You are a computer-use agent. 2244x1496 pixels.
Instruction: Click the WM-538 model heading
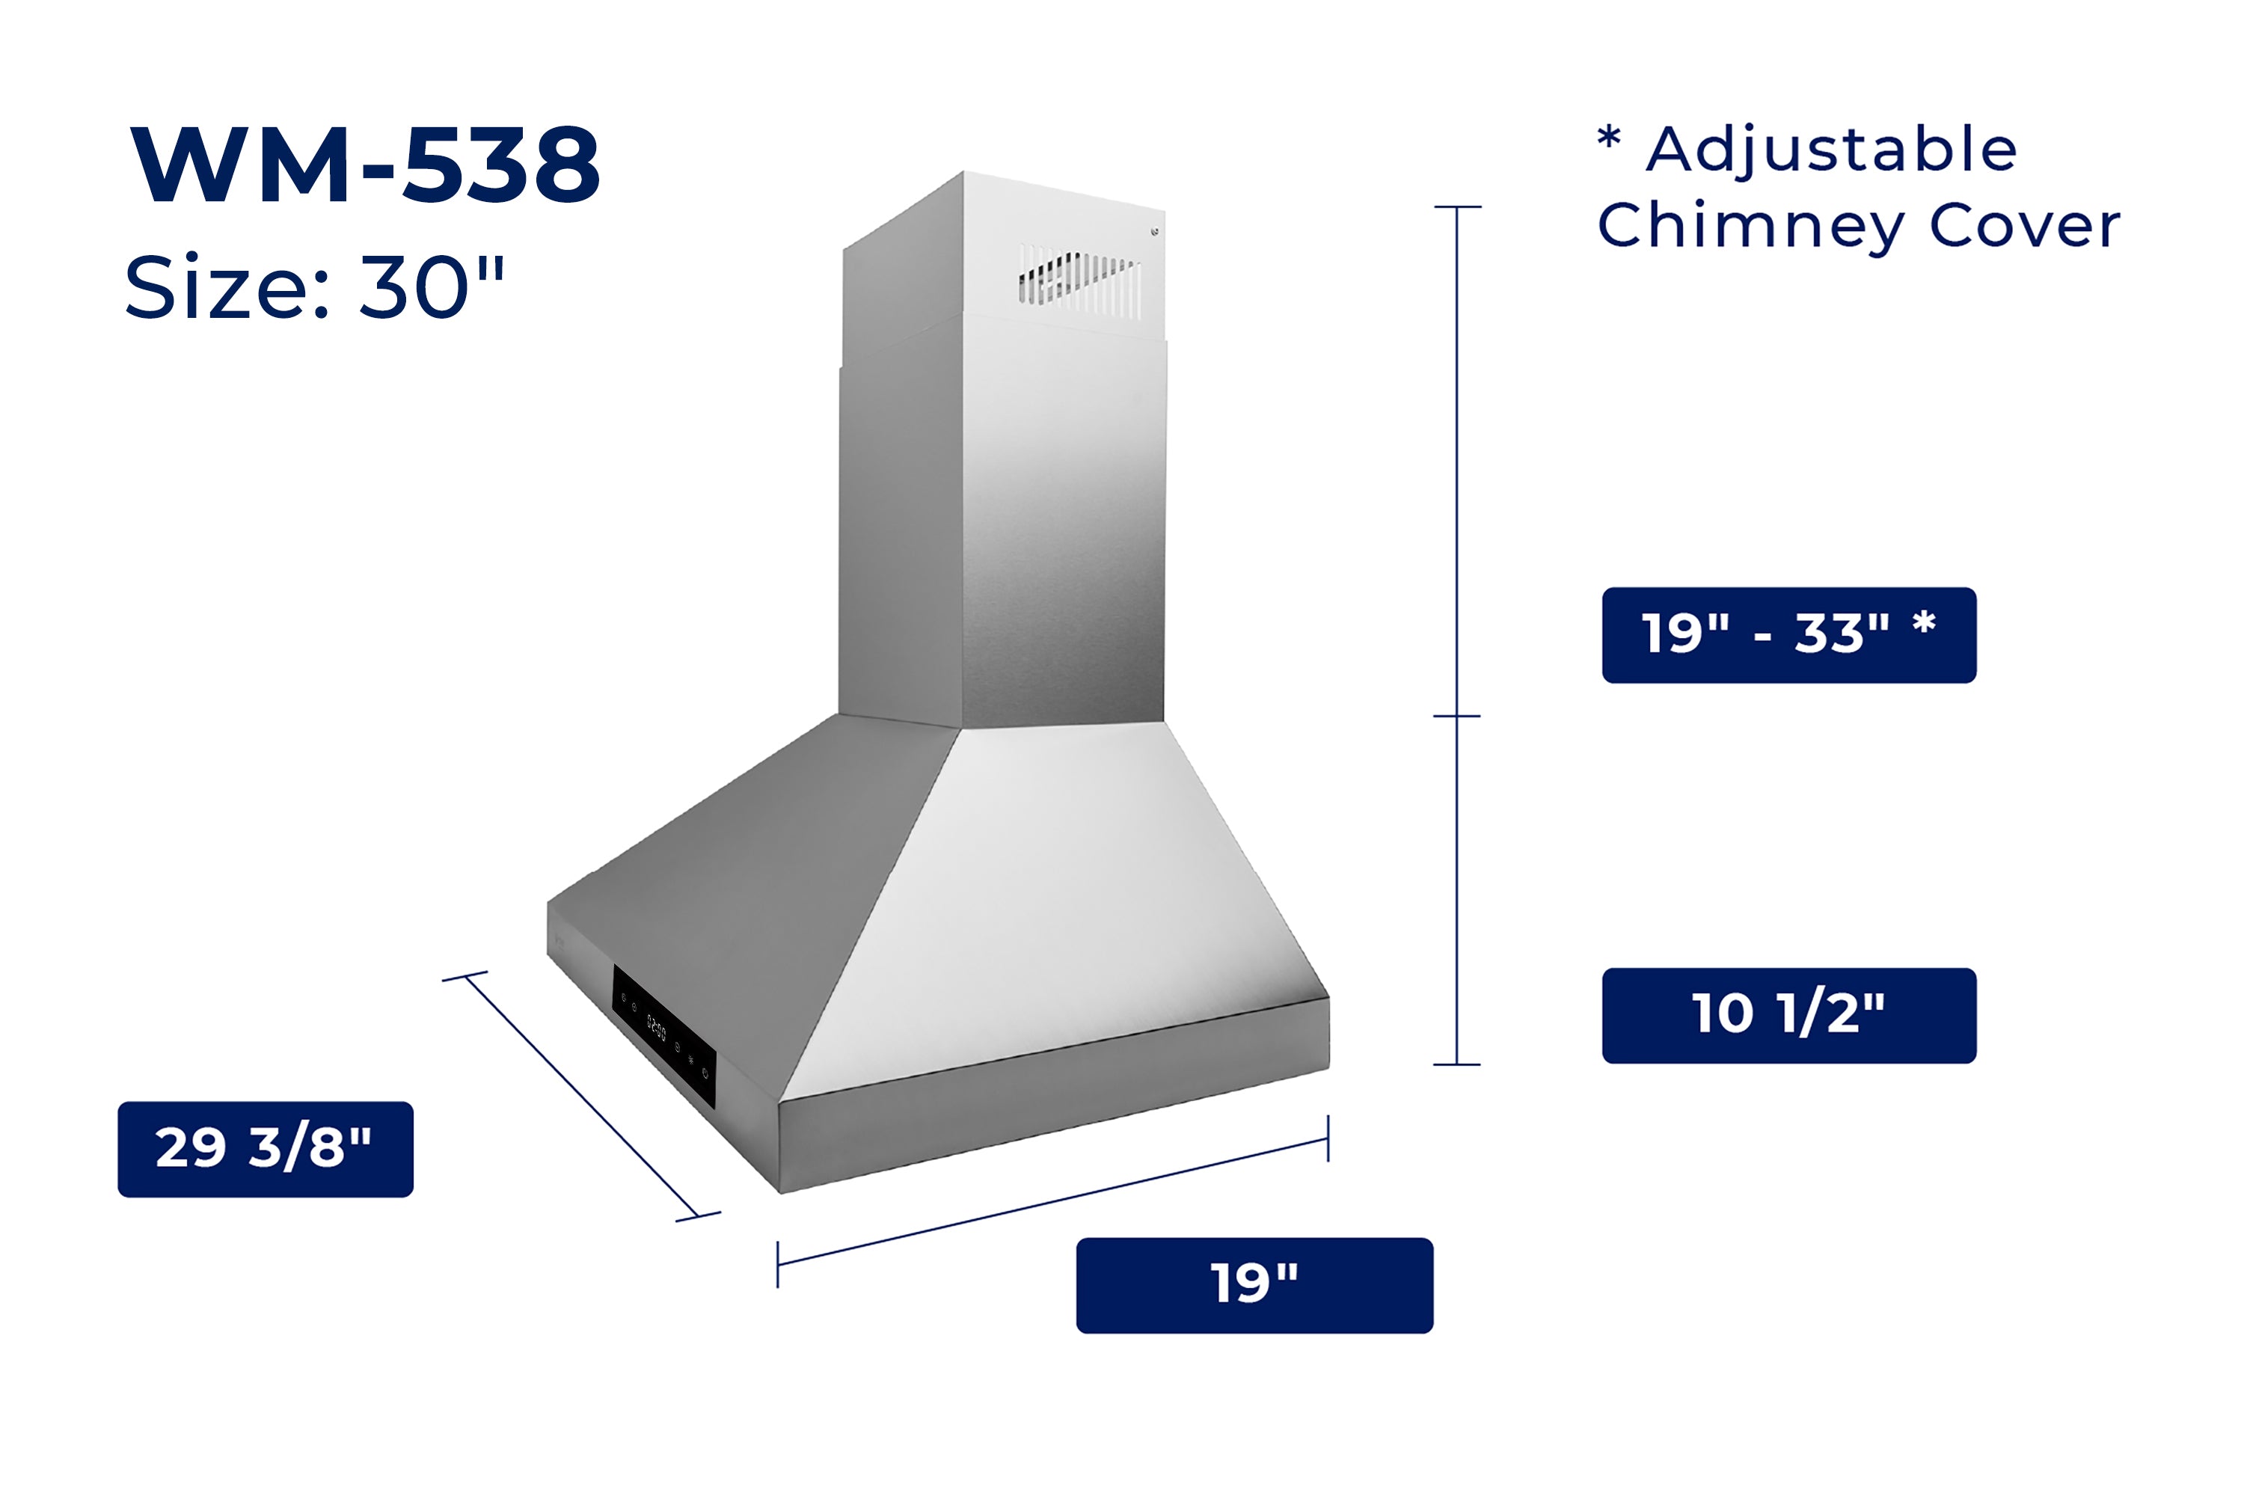point(366,165)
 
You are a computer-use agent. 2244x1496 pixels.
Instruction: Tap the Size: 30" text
point(314,287)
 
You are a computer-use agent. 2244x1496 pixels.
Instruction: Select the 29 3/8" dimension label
point(266,1149)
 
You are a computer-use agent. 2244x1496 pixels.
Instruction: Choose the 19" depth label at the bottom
point(1254,1284)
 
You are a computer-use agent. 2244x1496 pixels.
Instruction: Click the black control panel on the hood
point(664,1035)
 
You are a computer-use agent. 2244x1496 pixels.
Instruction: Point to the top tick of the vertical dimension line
point(1457,206)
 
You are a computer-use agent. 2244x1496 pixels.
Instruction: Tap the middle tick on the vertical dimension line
point(1457,716)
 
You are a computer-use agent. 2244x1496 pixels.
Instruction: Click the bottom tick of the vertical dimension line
point(1457,1064)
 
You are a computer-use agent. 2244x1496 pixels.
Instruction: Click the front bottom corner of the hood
point(780,1191)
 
